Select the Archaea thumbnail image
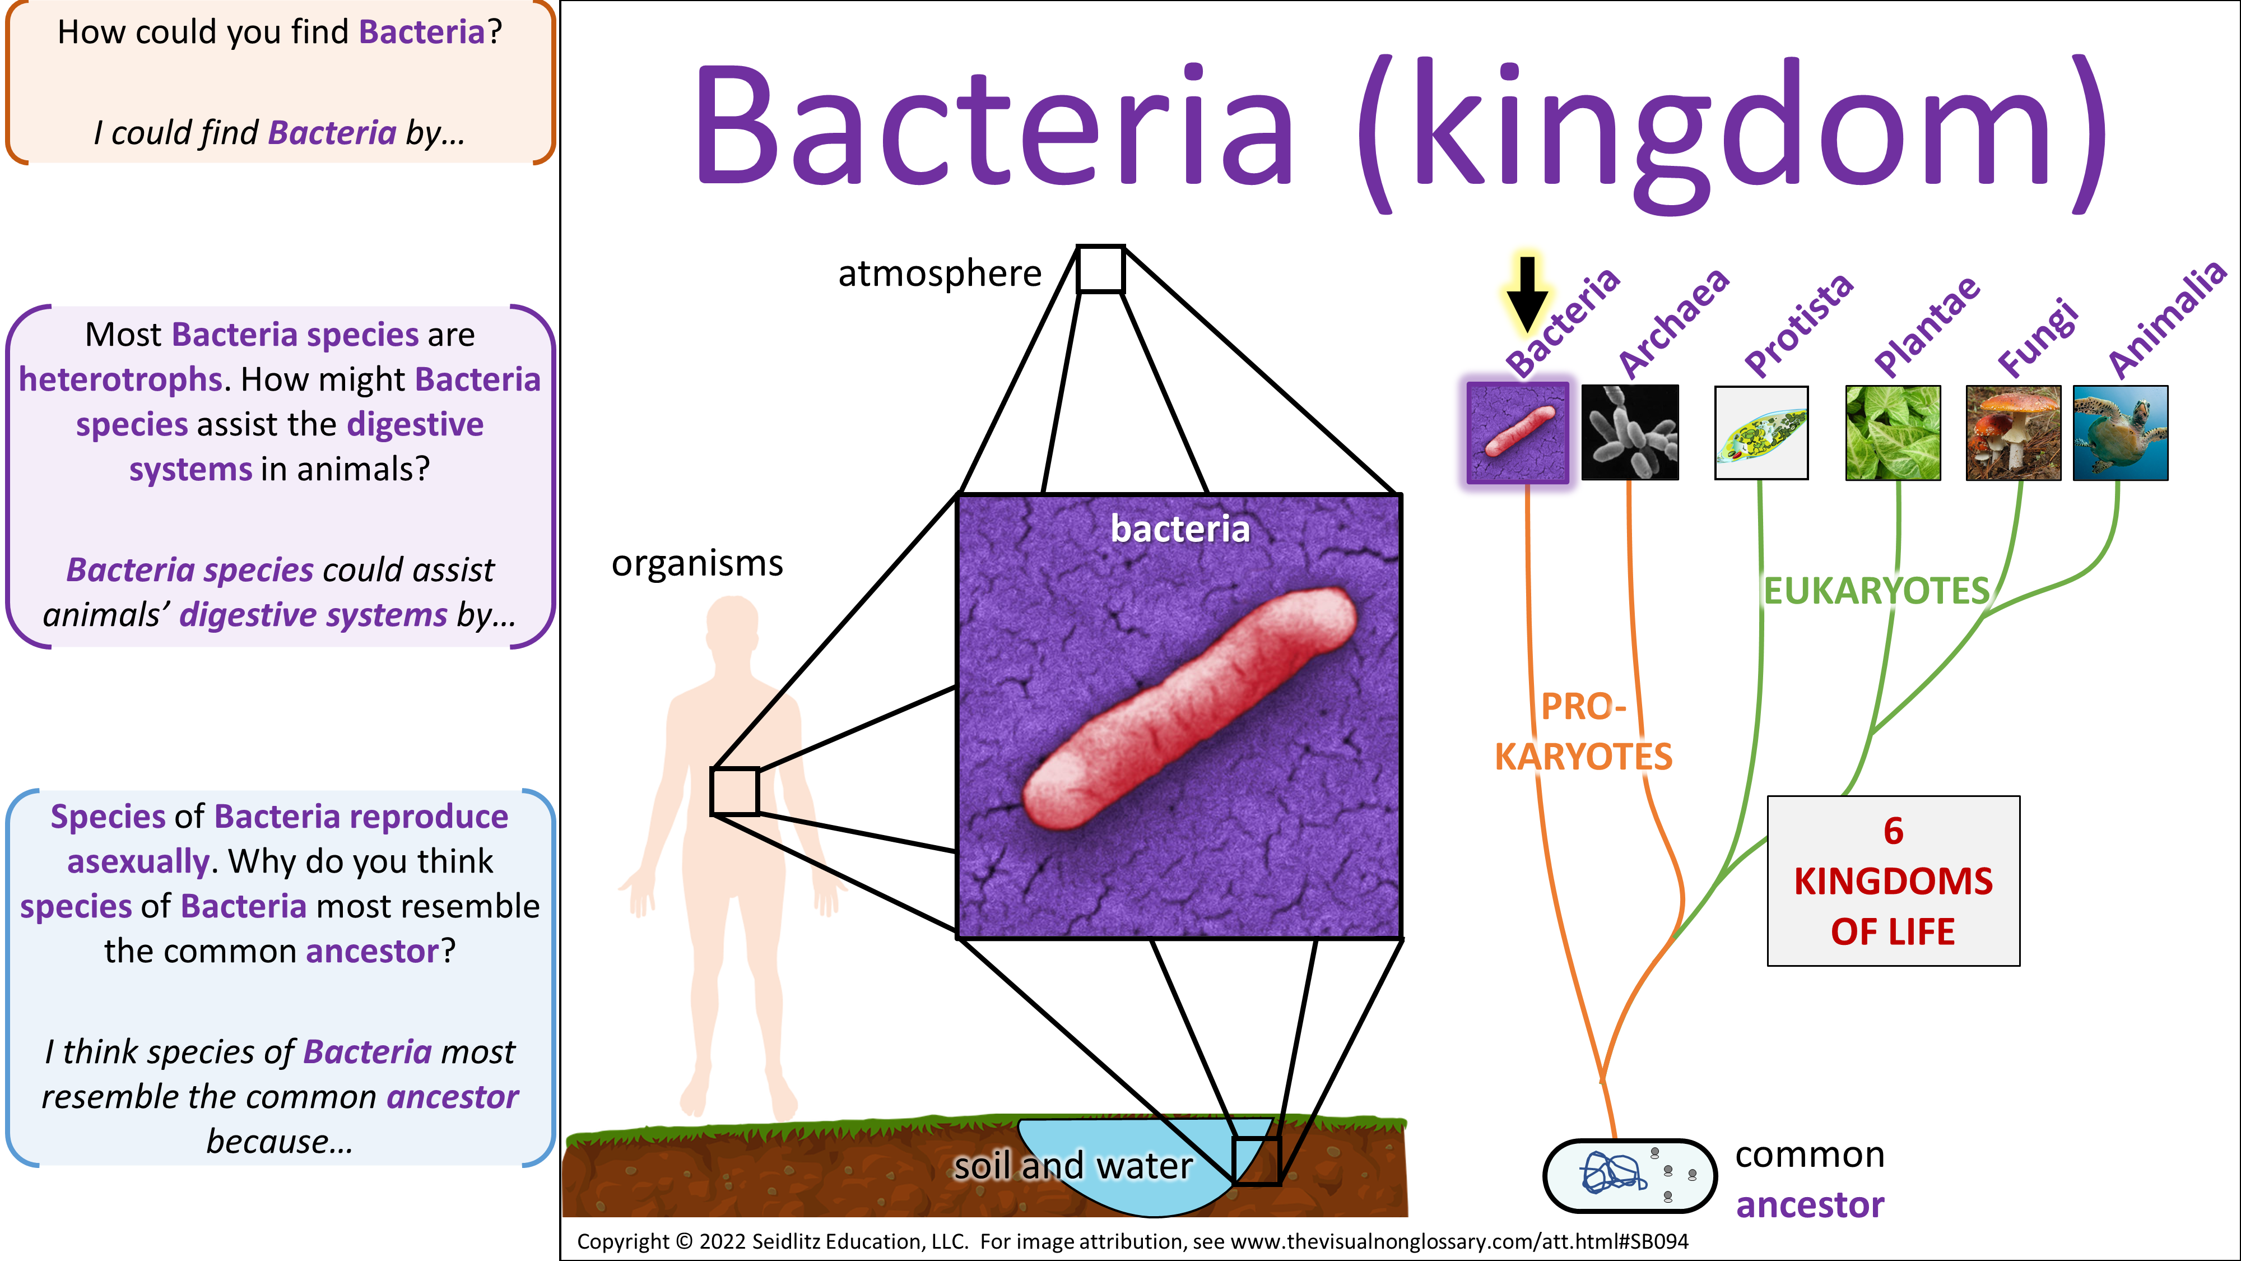[1629, 433]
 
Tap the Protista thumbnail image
[1761, 433]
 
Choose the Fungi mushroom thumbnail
[2013, 433]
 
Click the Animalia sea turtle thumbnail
[2120, 433]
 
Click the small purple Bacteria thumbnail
[1518, 433]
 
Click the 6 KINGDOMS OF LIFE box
[1893, 880]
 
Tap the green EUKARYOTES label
[1876, 591]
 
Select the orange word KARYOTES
[1583, 756]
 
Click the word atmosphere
[940, 273]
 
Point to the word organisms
[697, 564]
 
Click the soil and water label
[1073, 1165]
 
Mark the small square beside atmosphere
[1100, 269]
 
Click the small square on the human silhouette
[735, 791]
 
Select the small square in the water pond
[1256, 1160]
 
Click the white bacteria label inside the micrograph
[1180, 529]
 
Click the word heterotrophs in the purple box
[121, 379]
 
